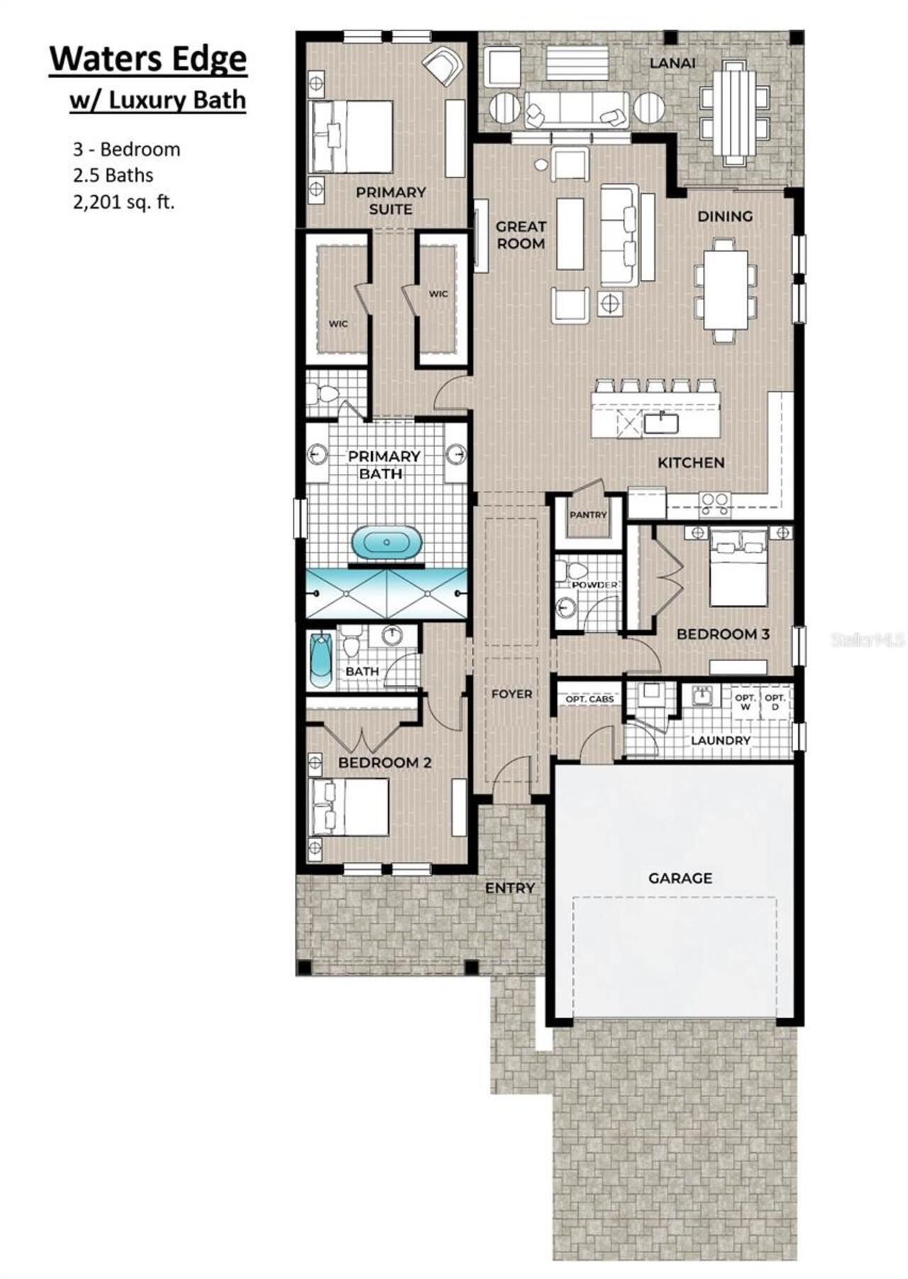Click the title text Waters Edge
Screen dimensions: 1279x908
148,60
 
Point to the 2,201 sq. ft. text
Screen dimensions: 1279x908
123,202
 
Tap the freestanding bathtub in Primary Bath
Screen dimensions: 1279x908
386,543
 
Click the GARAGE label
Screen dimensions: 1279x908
680,878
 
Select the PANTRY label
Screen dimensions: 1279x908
588,514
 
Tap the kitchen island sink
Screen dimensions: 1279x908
661,423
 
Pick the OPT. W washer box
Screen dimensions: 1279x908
745,702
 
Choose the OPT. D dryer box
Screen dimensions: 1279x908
775,702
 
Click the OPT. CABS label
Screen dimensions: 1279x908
589,699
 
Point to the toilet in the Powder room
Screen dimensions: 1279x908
571,570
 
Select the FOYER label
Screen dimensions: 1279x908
511,694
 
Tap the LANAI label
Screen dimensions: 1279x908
672,63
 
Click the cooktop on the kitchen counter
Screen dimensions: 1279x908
715,503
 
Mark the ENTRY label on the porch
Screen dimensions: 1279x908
509,887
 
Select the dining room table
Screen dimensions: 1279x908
725,289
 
